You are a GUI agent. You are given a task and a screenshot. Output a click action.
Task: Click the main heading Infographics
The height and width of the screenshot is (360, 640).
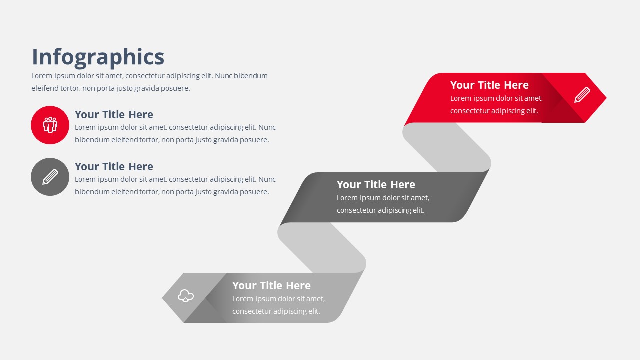point(98,57)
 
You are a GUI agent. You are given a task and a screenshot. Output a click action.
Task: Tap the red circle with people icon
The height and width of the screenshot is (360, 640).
point(50,125)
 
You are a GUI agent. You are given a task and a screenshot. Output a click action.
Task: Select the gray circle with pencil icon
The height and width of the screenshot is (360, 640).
point(50,177)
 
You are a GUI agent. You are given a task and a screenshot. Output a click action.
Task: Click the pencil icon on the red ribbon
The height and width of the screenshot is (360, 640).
point(582,95)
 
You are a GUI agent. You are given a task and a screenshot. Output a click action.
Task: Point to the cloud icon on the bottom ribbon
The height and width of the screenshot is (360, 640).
point(186,296)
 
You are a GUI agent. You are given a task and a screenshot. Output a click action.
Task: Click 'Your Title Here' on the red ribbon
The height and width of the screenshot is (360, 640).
point(489,85)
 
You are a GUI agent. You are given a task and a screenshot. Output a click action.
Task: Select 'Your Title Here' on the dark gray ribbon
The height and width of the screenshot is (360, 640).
point(376,185)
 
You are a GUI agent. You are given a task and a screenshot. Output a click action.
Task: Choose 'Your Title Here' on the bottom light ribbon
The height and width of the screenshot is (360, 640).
point(271,286)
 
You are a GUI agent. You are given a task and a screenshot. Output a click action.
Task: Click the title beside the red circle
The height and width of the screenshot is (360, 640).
point(114,115)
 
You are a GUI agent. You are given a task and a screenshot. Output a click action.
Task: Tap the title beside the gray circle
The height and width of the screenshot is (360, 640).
point(114,167)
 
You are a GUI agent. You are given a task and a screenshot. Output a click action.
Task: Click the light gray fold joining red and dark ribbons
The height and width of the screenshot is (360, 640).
point(447,147)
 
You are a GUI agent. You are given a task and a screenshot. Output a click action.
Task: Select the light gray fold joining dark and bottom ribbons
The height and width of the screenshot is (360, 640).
point(322,247)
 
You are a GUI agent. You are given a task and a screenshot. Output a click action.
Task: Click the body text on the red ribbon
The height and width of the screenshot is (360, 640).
point(496,105)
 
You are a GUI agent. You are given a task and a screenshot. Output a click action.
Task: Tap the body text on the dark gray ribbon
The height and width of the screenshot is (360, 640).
point(382,204)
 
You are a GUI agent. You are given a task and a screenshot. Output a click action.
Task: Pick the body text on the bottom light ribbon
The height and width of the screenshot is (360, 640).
point(278,305)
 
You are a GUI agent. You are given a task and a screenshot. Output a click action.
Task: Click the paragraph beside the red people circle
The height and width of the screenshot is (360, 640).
point(175,134)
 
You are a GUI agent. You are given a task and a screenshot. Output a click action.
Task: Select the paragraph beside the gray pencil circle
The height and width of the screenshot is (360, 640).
point(175,185)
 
